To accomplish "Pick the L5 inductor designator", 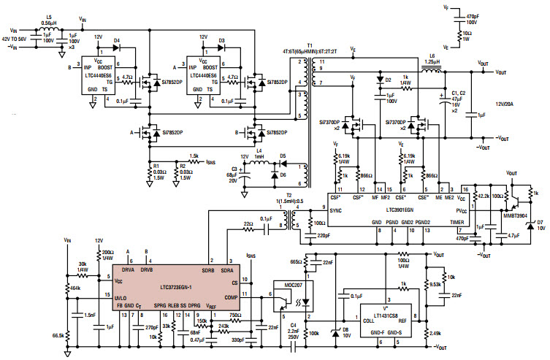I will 49,15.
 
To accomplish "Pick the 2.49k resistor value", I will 435,333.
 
